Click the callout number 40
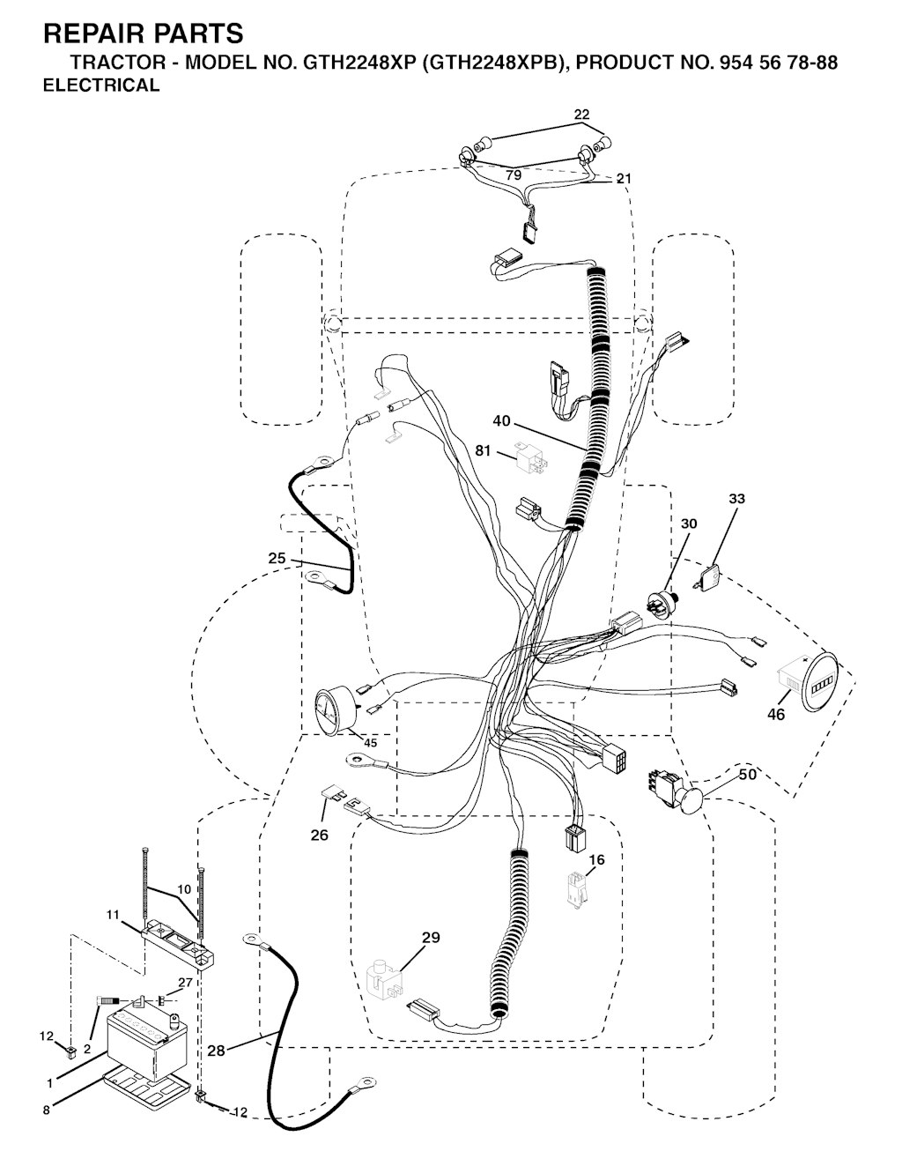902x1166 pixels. tap(501, 421)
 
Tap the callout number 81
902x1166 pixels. tap(483, 450)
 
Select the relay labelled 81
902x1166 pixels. tap(531, 457)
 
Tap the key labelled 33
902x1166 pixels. tap(709, 578)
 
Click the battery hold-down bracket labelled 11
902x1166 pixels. tap(178, 942)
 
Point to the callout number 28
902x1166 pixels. tap(216, 1051)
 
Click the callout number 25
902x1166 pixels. tap(277, 558)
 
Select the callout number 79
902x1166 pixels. tap(514, 175)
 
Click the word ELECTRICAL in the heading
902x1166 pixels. tap(101, 85)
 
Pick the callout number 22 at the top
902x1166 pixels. tap(581, 115)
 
